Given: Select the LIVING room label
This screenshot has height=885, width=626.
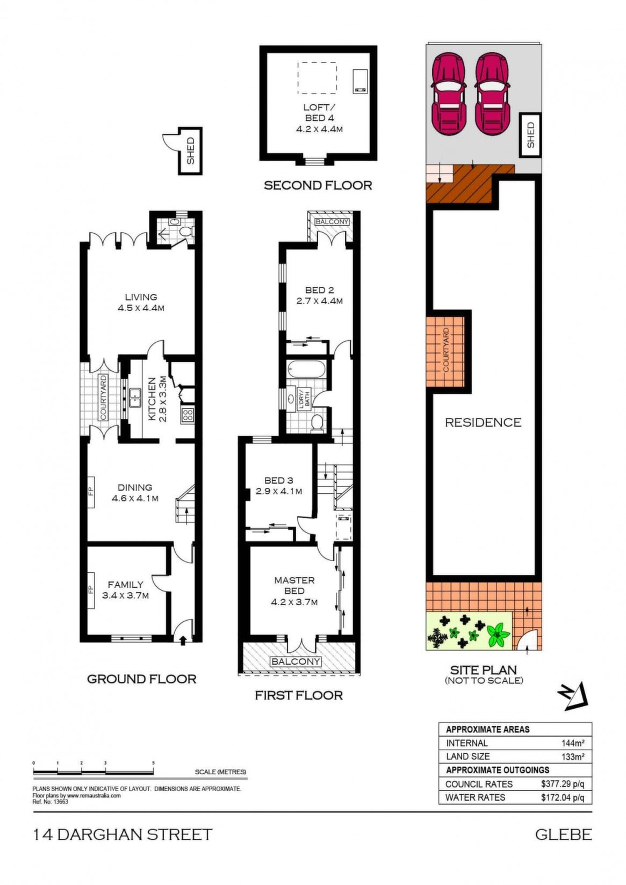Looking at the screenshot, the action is pyautogui.click(x=141, y=297).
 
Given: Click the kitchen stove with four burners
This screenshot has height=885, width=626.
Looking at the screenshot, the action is pyautogui.click(x=188, y=414).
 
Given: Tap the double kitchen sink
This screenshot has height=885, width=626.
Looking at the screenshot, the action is pyautogui.click(x=135, y=398).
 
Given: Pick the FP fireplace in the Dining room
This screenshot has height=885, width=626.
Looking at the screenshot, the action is pyautogui.click(x=91, y=492).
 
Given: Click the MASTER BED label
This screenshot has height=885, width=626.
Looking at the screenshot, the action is pyautogui.click(x=294, y=586).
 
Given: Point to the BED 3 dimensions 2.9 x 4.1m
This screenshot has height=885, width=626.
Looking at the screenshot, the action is pyautogui.click(x=279, y=492).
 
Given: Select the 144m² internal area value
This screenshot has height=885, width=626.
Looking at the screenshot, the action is pyautogui.click(x=573, y=743).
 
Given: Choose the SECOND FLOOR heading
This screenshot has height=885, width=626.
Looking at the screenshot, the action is pyautogui.click(x=318, y=185).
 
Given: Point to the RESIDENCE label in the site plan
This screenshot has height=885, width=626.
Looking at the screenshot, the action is pyautogui.click(x=483, y=422).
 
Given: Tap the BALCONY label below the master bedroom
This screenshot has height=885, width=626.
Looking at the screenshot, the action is pyautogui.click(x=295, y=661).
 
